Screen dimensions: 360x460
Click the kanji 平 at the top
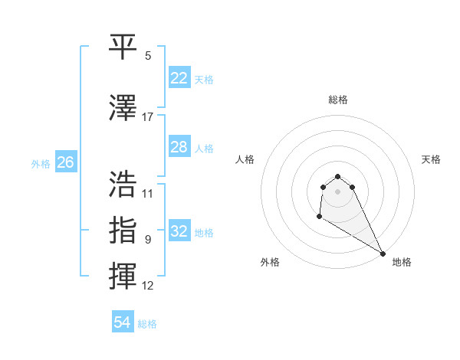[x=123, y=47]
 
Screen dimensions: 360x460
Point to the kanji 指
[x=123, y=230]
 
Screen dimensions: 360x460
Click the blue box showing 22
[x=179, y=78]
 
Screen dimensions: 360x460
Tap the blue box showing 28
[x=179, y=147]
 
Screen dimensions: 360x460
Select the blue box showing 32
[x=179, y=231]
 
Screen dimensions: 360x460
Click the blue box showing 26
[x=65, y=162]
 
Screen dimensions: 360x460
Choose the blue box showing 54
[x=122, y=322]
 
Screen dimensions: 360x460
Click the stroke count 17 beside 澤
[x=148, y=117]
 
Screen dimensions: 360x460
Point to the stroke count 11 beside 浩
[x=148, y=193]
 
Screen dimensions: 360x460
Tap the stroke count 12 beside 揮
[x=148, y=286]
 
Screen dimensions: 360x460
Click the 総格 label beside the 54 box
[x=147, y=324]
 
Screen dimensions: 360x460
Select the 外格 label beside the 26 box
[x=41, y=164]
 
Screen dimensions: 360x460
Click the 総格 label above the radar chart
[x=337, y=100]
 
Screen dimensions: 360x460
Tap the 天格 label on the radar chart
[x=431, y=159]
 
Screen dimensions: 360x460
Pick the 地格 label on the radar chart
[x=402, y=262]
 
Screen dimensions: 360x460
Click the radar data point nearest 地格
[x=383, y=254]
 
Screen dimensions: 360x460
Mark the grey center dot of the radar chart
[x=337, y=191]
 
